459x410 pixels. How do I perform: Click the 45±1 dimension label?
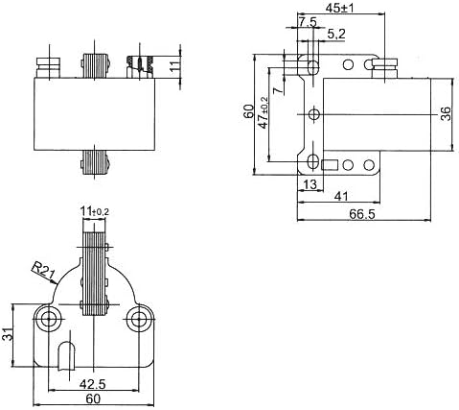339,9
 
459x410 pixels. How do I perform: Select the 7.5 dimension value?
309,21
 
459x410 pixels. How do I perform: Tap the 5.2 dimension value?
337,36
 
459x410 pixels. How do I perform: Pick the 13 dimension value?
310,184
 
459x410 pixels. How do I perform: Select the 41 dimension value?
341,197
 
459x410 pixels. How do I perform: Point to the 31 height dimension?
8,334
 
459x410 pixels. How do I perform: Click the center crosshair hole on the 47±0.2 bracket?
314,114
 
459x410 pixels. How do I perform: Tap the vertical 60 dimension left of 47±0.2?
248,114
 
